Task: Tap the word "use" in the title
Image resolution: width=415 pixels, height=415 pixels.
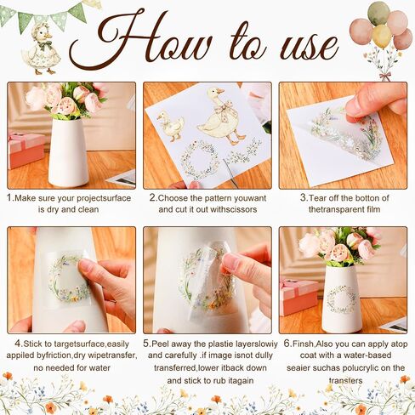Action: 309,47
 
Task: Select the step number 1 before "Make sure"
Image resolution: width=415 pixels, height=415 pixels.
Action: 9,198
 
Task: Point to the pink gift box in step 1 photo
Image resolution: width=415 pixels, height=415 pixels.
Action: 26,151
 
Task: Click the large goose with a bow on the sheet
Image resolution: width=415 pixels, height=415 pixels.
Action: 222,117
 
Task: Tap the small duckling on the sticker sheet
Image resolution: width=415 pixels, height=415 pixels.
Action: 171,126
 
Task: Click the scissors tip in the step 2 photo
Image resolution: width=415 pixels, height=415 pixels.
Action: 225,161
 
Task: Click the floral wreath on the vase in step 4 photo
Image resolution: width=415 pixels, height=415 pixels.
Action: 69,278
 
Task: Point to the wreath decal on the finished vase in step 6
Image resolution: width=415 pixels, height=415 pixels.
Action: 342,299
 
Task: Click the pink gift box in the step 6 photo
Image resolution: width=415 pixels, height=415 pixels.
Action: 298,297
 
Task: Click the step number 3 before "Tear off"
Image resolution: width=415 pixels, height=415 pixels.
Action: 304,198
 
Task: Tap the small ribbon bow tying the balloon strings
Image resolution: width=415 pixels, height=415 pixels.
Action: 385,76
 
